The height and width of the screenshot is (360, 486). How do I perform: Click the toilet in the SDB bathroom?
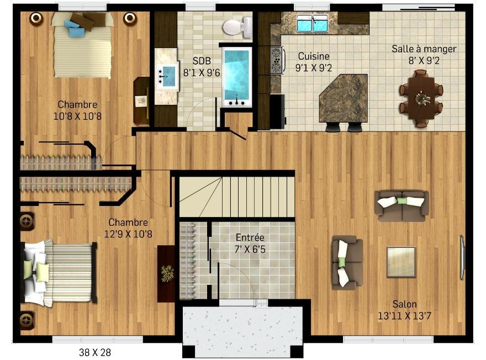[x=237, y=27]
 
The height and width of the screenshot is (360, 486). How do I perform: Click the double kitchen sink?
[x=312, y=23]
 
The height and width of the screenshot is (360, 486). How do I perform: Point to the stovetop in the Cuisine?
[x=277, y=60]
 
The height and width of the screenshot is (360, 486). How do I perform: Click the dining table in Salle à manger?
[x=421, y=98]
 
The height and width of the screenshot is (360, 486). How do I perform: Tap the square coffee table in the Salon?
[x=401, y=262]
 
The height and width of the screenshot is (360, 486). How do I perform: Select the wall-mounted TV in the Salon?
[x=462, y=258]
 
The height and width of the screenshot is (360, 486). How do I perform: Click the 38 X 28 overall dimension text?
[x=95, y=352]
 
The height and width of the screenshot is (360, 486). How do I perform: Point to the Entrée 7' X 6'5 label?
[x=250, y=243]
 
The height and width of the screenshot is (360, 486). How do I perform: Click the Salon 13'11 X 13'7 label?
[x=404, y=310]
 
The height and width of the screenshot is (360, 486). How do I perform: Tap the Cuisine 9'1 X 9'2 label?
[x=313, y=62]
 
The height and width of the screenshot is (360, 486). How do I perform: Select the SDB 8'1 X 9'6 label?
[x=202, y=67]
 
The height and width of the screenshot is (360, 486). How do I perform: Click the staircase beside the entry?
[x=237, y=197]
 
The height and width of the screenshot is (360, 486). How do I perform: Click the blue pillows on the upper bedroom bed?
[x=75, y=28]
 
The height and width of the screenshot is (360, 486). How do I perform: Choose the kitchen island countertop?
[x=344, y=98]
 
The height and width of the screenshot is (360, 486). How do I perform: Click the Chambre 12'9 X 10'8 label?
[x=128, y=228]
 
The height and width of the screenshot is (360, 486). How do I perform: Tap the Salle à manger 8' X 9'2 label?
[x=424, y=55]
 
